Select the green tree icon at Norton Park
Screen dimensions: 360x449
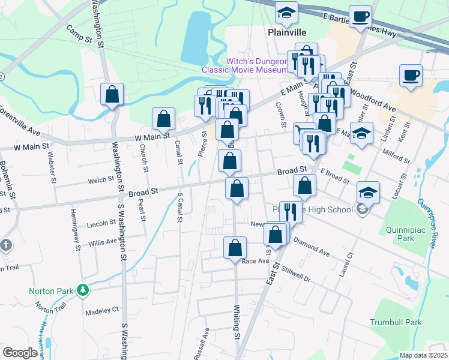click(83, 291)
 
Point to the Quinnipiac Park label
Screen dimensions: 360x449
click(397, 233)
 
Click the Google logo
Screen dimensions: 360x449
click(20, 353)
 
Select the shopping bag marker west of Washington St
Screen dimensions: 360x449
click(112, 95)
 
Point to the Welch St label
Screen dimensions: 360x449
click(101, 180)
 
